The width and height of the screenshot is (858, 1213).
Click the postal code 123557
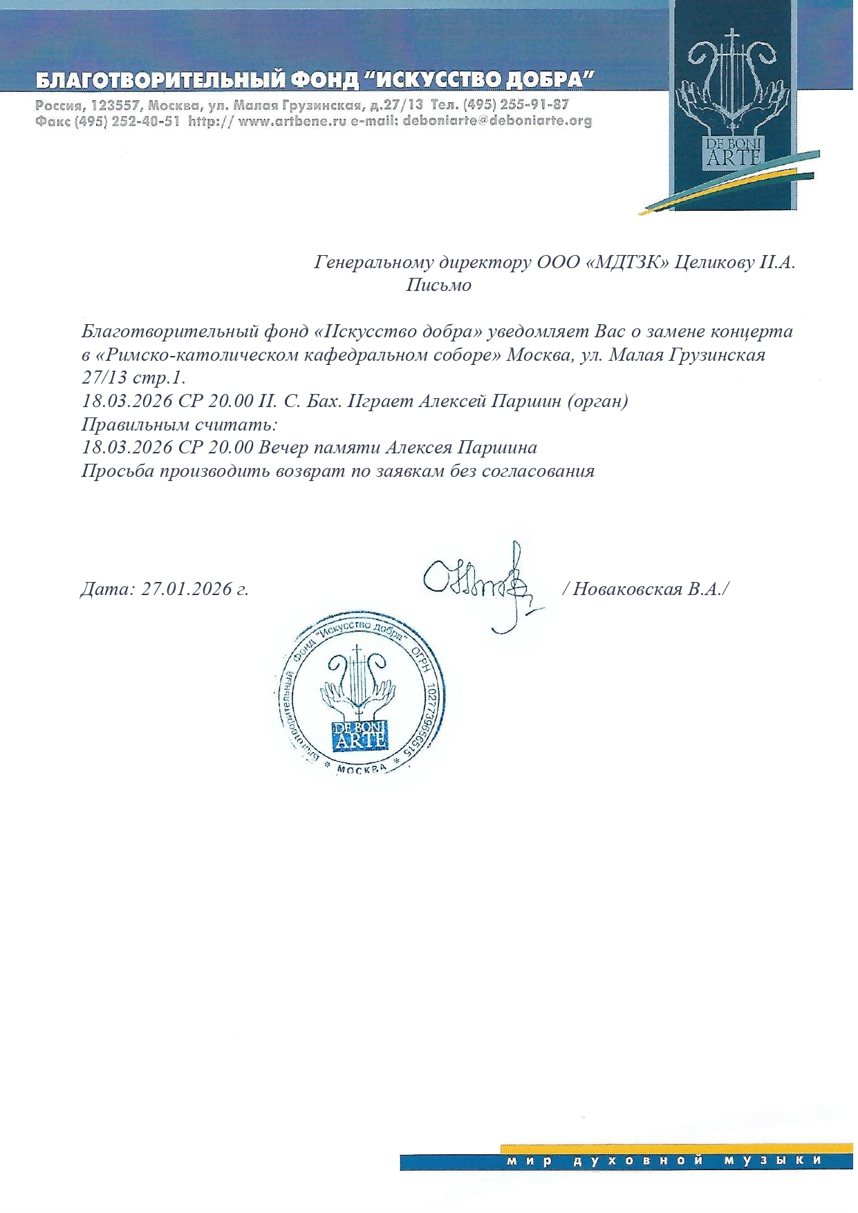coord(113,105)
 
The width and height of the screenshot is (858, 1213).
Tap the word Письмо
coord(438,285)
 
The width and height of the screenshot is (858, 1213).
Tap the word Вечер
coord(283,447)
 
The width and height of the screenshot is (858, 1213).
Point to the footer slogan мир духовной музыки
coord(664,1161)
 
